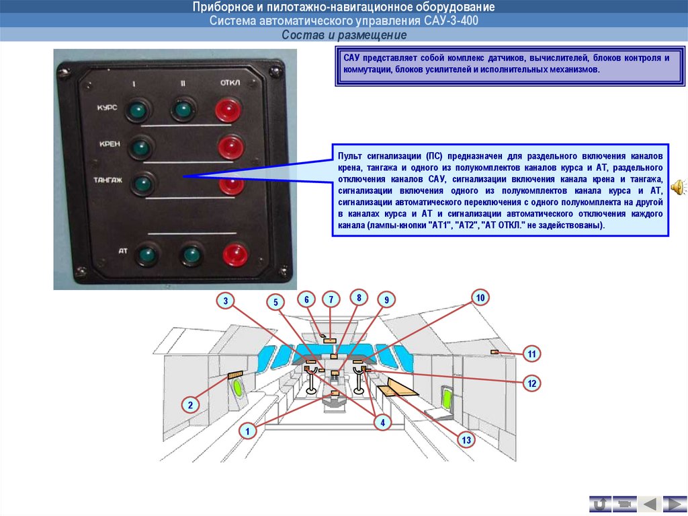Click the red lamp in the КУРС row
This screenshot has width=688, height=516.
(x=228, y=110)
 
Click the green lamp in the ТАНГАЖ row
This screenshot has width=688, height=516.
(x=142, y=183)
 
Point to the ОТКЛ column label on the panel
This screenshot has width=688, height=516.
(x=230, y=83)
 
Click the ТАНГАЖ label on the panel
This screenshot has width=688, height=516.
(x=108, y=180)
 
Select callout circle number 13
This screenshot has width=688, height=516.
(x=466, y=440)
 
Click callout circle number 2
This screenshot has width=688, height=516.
(x=190, y=405)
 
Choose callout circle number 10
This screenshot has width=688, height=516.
(x=480, y=297)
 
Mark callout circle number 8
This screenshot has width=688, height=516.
(x=359, y=297)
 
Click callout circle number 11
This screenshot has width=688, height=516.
(x=531, y=354)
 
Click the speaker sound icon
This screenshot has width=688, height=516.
(x=677, y=186)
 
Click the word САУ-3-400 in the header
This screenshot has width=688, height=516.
(x=454, y=21)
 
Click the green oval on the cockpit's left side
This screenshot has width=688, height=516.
(x=238, y=388)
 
